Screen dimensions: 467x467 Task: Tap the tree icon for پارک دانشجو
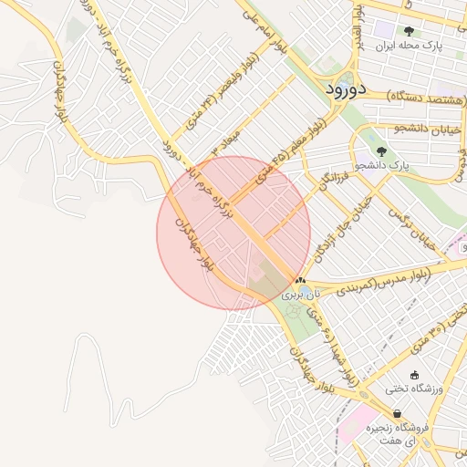tap(380, 151)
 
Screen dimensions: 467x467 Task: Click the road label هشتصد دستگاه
tap(410, 94)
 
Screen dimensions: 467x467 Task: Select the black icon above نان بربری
tap(300, 280)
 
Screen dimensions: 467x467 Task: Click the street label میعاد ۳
tap(227, 140)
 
